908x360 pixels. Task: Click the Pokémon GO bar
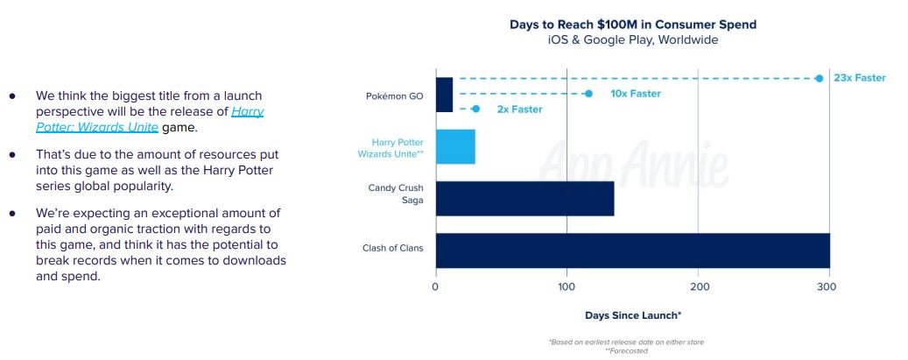tap(444, 95)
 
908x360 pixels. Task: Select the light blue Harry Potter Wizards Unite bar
tap(455, 146)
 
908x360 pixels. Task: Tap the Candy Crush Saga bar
tap(524, 198)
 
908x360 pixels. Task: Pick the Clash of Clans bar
tap(632, 250)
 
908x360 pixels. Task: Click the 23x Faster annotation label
tap(859, 78)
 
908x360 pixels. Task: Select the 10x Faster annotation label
tap(635, 94)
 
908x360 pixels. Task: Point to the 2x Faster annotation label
tap(519, 109)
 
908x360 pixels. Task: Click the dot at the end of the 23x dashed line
tap(819, 78)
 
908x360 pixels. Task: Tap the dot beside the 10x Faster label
tap(588, 94)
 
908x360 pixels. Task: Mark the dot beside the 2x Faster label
tap(475, 109)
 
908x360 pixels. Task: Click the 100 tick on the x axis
tap(567, 286)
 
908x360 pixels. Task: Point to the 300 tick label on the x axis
tap(829, 286)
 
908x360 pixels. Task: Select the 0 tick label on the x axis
tap(435, 286)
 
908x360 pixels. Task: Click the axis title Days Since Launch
tap(632, 314)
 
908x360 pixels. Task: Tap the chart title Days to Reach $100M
tap(632, 25)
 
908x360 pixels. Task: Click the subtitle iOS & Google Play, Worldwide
tap(632, 40)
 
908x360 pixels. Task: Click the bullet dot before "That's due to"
tap(13, 154)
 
